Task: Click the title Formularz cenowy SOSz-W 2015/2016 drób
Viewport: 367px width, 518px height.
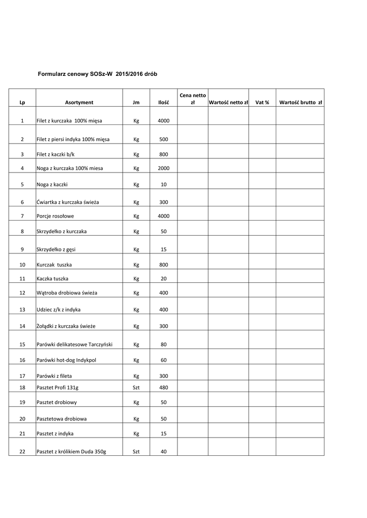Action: point(98,74)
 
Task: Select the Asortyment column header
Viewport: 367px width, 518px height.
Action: point(79,102)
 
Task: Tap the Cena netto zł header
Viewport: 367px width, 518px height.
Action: point(192,99)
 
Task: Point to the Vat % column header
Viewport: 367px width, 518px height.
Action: point(262,102)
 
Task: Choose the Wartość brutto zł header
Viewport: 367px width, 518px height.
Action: point(301,102)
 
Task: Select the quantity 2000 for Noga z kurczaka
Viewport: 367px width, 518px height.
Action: point(163,168)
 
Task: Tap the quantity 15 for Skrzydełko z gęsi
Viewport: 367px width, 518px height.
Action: point(163,249)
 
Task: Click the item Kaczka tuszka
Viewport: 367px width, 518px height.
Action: point(53,279)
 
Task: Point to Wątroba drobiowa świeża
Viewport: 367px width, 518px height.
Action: point(67,293)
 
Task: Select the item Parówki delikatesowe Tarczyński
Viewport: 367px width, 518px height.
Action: point(75,344)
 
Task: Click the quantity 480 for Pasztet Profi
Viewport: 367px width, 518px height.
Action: point(163,387)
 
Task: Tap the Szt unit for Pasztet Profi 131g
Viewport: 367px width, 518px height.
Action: point(136,387)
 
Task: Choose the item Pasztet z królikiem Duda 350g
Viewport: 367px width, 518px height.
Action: point(71,452)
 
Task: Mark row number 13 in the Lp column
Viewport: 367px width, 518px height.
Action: point(22,309)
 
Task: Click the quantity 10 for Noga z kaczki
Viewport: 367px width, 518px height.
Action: point(163,185)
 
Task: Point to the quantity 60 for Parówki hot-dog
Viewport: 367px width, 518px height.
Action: point(163,361)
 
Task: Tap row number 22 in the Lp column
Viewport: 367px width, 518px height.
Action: point(22,452)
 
